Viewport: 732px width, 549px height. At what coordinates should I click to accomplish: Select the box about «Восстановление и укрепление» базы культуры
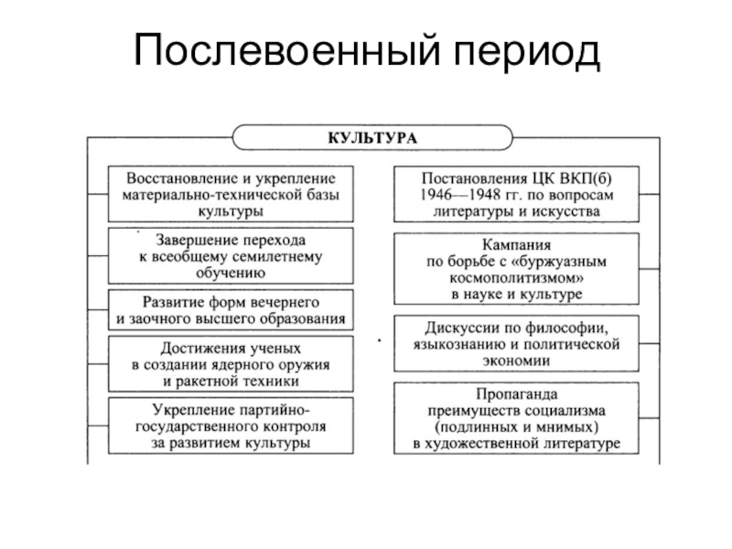pos(231,193)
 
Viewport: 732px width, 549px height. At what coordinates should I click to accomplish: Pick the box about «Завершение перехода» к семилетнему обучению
pos(231,256)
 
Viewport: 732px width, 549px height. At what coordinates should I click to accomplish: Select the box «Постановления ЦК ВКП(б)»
pos(517,193)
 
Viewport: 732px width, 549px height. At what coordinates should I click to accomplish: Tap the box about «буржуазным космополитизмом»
pos(517,269)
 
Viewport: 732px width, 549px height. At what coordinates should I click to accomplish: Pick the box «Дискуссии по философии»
pos(517,343)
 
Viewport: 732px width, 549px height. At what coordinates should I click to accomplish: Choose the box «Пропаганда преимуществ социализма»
pos(517,418)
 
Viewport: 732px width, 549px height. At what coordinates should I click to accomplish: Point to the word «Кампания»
pos(517,245)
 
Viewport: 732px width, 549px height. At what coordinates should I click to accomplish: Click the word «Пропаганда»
pos(517,393)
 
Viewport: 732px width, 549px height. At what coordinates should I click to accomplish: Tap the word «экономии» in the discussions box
pos(517,361)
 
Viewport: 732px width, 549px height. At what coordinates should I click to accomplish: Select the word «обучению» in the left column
pos(231,274)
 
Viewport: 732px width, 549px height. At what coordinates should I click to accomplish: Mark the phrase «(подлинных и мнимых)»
pos(517,427)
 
